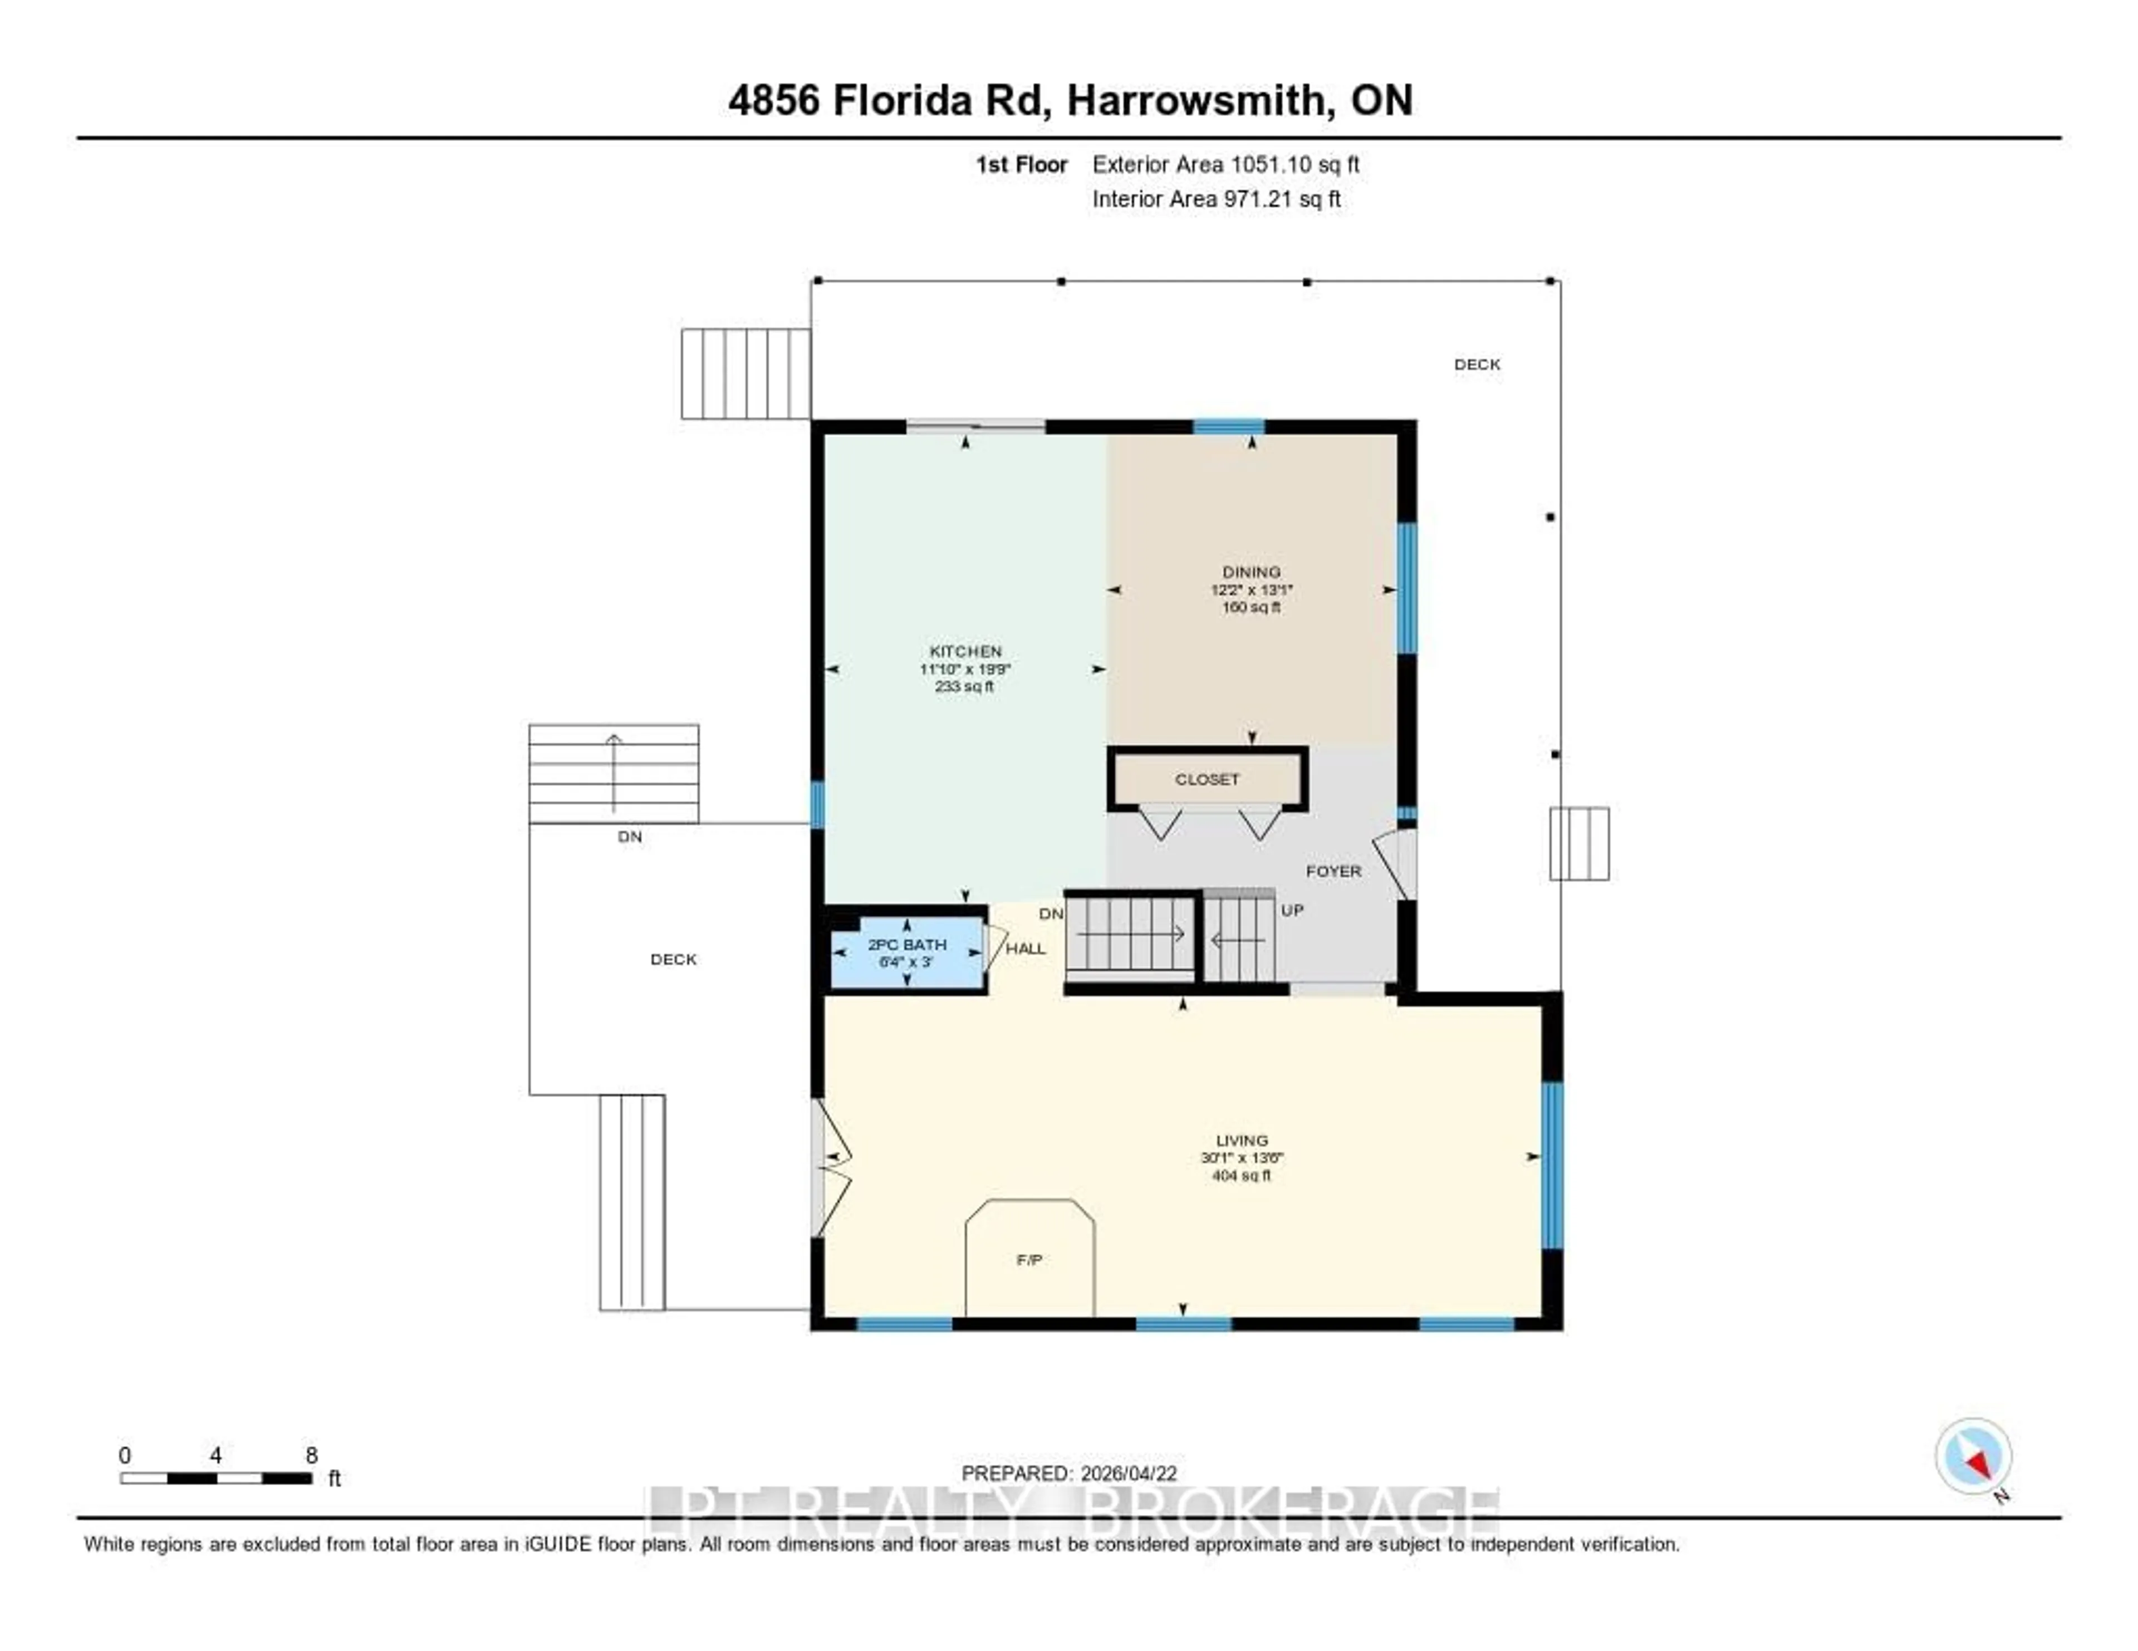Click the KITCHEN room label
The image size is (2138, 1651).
[x=965, y=651]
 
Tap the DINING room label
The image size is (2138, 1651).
[x=1251, y=572]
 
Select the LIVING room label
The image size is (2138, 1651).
[x=1241, y=1140]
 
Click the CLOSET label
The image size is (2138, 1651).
[x=1207, y=779]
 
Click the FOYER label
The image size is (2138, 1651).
[x=1333, y=871]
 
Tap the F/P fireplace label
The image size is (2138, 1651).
[x=1029, y=1260]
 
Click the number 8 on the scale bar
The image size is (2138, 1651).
[x=311, y=1455]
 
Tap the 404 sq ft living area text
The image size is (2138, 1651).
[x=1241, y=1176]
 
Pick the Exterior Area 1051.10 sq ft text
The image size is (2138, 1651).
[x=1225, y=164]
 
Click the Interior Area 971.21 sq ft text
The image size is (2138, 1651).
[x=1216, y=200]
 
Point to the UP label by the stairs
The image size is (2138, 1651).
[x=1292, y=910]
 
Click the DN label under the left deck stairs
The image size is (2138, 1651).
[x=630, y=837]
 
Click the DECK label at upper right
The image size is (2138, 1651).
[x=1476, y=364]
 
